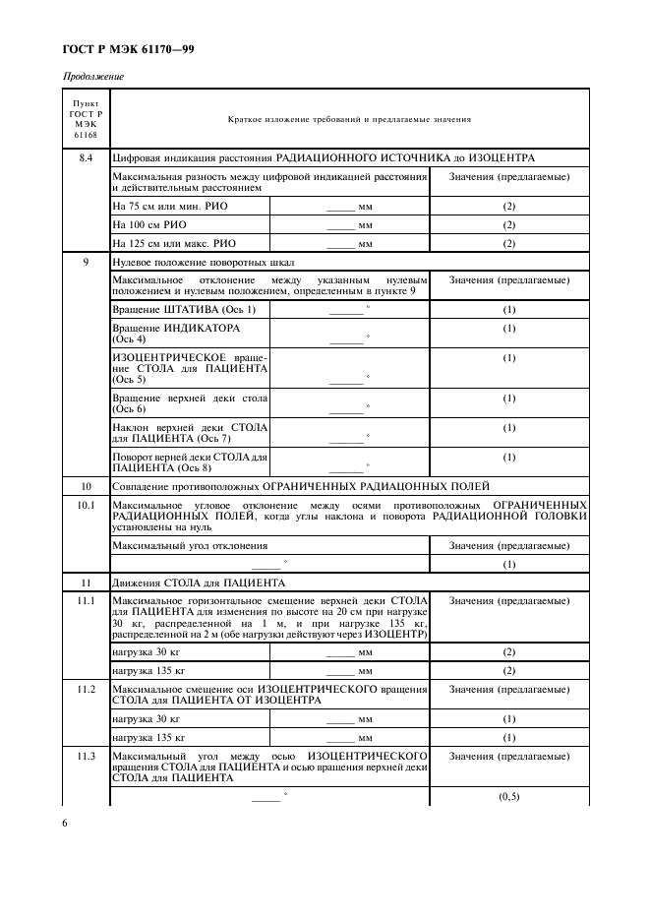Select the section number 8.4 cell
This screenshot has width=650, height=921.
pos(86,157)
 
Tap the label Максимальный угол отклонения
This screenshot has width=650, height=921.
pos(190,545)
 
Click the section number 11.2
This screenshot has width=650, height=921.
pos(86,689)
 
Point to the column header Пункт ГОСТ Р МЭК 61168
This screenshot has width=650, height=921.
pos(86,119)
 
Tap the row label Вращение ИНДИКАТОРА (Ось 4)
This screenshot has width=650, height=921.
pos(176,333)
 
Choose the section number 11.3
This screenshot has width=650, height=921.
pos(86,756)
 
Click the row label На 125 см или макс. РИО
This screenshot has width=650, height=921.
pos(174,242)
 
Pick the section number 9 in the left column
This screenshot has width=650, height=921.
pos(86,263)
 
